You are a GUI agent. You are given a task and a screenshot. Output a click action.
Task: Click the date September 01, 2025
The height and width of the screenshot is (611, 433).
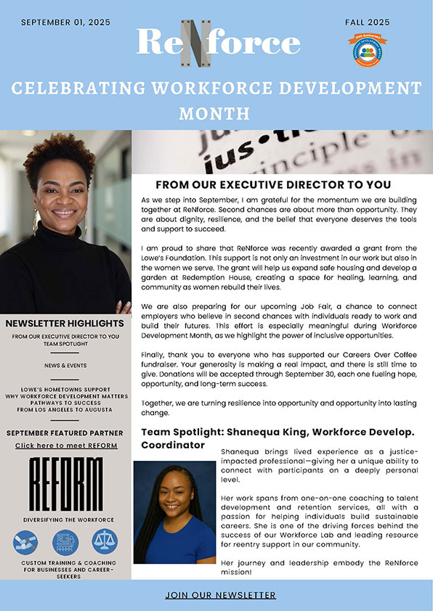(65, 22)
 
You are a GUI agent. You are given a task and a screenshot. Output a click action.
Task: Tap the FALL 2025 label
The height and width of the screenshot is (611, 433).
(368, 22)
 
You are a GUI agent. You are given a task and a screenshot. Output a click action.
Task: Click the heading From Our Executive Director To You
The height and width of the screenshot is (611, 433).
(273, 184)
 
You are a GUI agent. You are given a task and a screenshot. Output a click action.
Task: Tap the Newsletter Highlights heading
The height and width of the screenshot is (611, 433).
(65, 323)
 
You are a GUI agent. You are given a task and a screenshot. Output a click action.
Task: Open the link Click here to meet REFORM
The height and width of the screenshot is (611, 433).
(66, 445)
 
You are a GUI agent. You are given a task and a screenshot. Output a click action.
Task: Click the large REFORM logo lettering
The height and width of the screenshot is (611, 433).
(66, 484)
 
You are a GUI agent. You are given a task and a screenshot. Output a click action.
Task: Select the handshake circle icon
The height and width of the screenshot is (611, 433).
(26, 542)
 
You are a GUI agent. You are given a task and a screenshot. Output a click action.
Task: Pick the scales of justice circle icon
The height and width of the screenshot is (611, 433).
(105, 541)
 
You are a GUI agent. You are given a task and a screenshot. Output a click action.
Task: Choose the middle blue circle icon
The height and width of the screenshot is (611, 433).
(65, 542)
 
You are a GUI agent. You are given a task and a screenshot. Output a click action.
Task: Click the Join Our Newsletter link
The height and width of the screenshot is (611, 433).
(220, 595)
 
